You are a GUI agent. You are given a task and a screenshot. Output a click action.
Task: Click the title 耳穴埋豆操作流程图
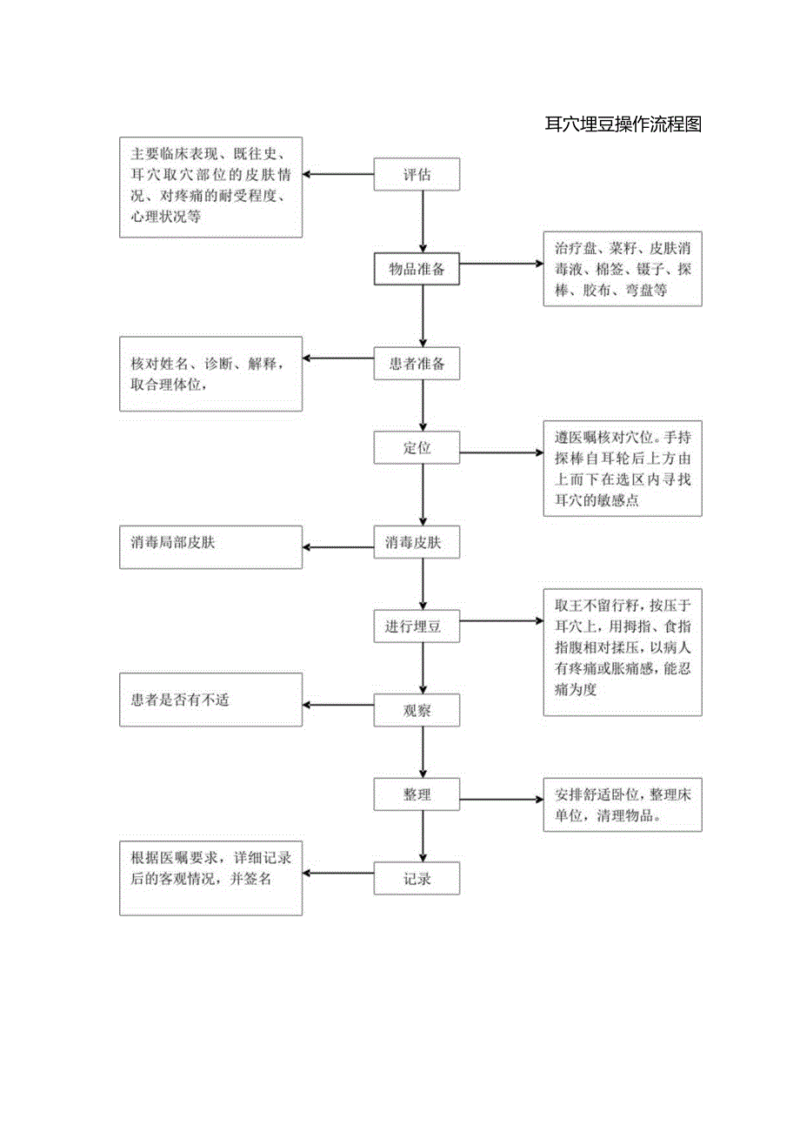pyautogui.click(x=623, y=124)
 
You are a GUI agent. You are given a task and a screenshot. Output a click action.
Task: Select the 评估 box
pyautogui.click(x=417, y=174)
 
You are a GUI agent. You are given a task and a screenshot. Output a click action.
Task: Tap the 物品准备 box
pyautogui.click(x=417, y=269)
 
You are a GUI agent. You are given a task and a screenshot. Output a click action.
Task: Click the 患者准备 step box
pyautogui.click(x=417, y=364)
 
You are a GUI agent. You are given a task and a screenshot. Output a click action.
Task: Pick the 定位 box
pyautogui.click(x=417, y=448)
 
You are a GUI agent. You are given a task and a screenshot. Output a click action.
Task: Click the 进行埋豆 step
pyautogui.click(x=417, y=626)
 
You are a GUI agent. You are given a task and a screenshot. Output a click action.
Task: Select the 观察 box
pyautogui.click(x=417, y=711)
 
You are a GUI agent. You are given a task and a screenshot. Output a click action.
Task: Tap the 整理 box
pyautogui.click(x=417, y=794)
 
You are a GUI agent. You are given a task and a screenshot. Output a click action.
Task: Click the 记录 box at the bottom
pyautogui.click(x=417, y=879)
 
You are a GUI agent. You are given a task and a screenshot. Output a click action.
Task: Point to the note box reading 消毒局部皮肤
pyautogui.click(x=210, y=546)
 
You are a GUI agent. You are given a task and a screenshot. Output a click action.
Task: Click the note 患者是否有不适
pyautogui.click(x=210, y=700)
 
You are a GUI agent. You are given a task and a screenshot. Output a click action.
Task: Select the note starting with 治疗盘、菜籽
pyautogui.click(x=623, y=269)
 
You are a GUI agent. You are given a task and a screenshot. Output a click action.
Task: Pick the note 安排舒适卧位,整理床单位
pyautogui.click(x=623, y=805)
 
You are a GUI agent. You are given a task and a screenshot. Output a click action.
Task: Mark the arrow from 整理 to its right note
pyautogui.click(x=502, y=800)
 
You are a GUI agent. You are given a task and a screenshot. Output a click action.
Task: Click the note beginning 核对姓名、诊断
pyautogui.click(x=210, y=373)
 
